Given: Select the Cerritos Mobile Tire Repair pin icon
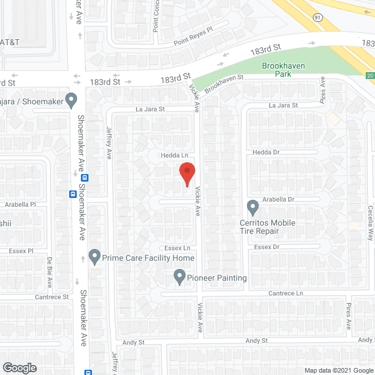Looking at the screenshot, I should tap(253, 207).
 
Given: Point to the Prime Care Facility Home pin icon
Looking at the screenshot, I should tap(94, 256).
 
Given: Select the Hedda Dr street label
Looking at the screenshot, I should tap(267, 152).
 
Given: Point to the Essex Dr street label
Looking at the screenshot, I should tap(267, 247).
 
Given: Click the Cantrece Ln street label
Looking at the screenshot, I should tap(286, 293).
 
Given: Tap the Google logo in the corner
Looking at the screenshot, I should tap(19, 368).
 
